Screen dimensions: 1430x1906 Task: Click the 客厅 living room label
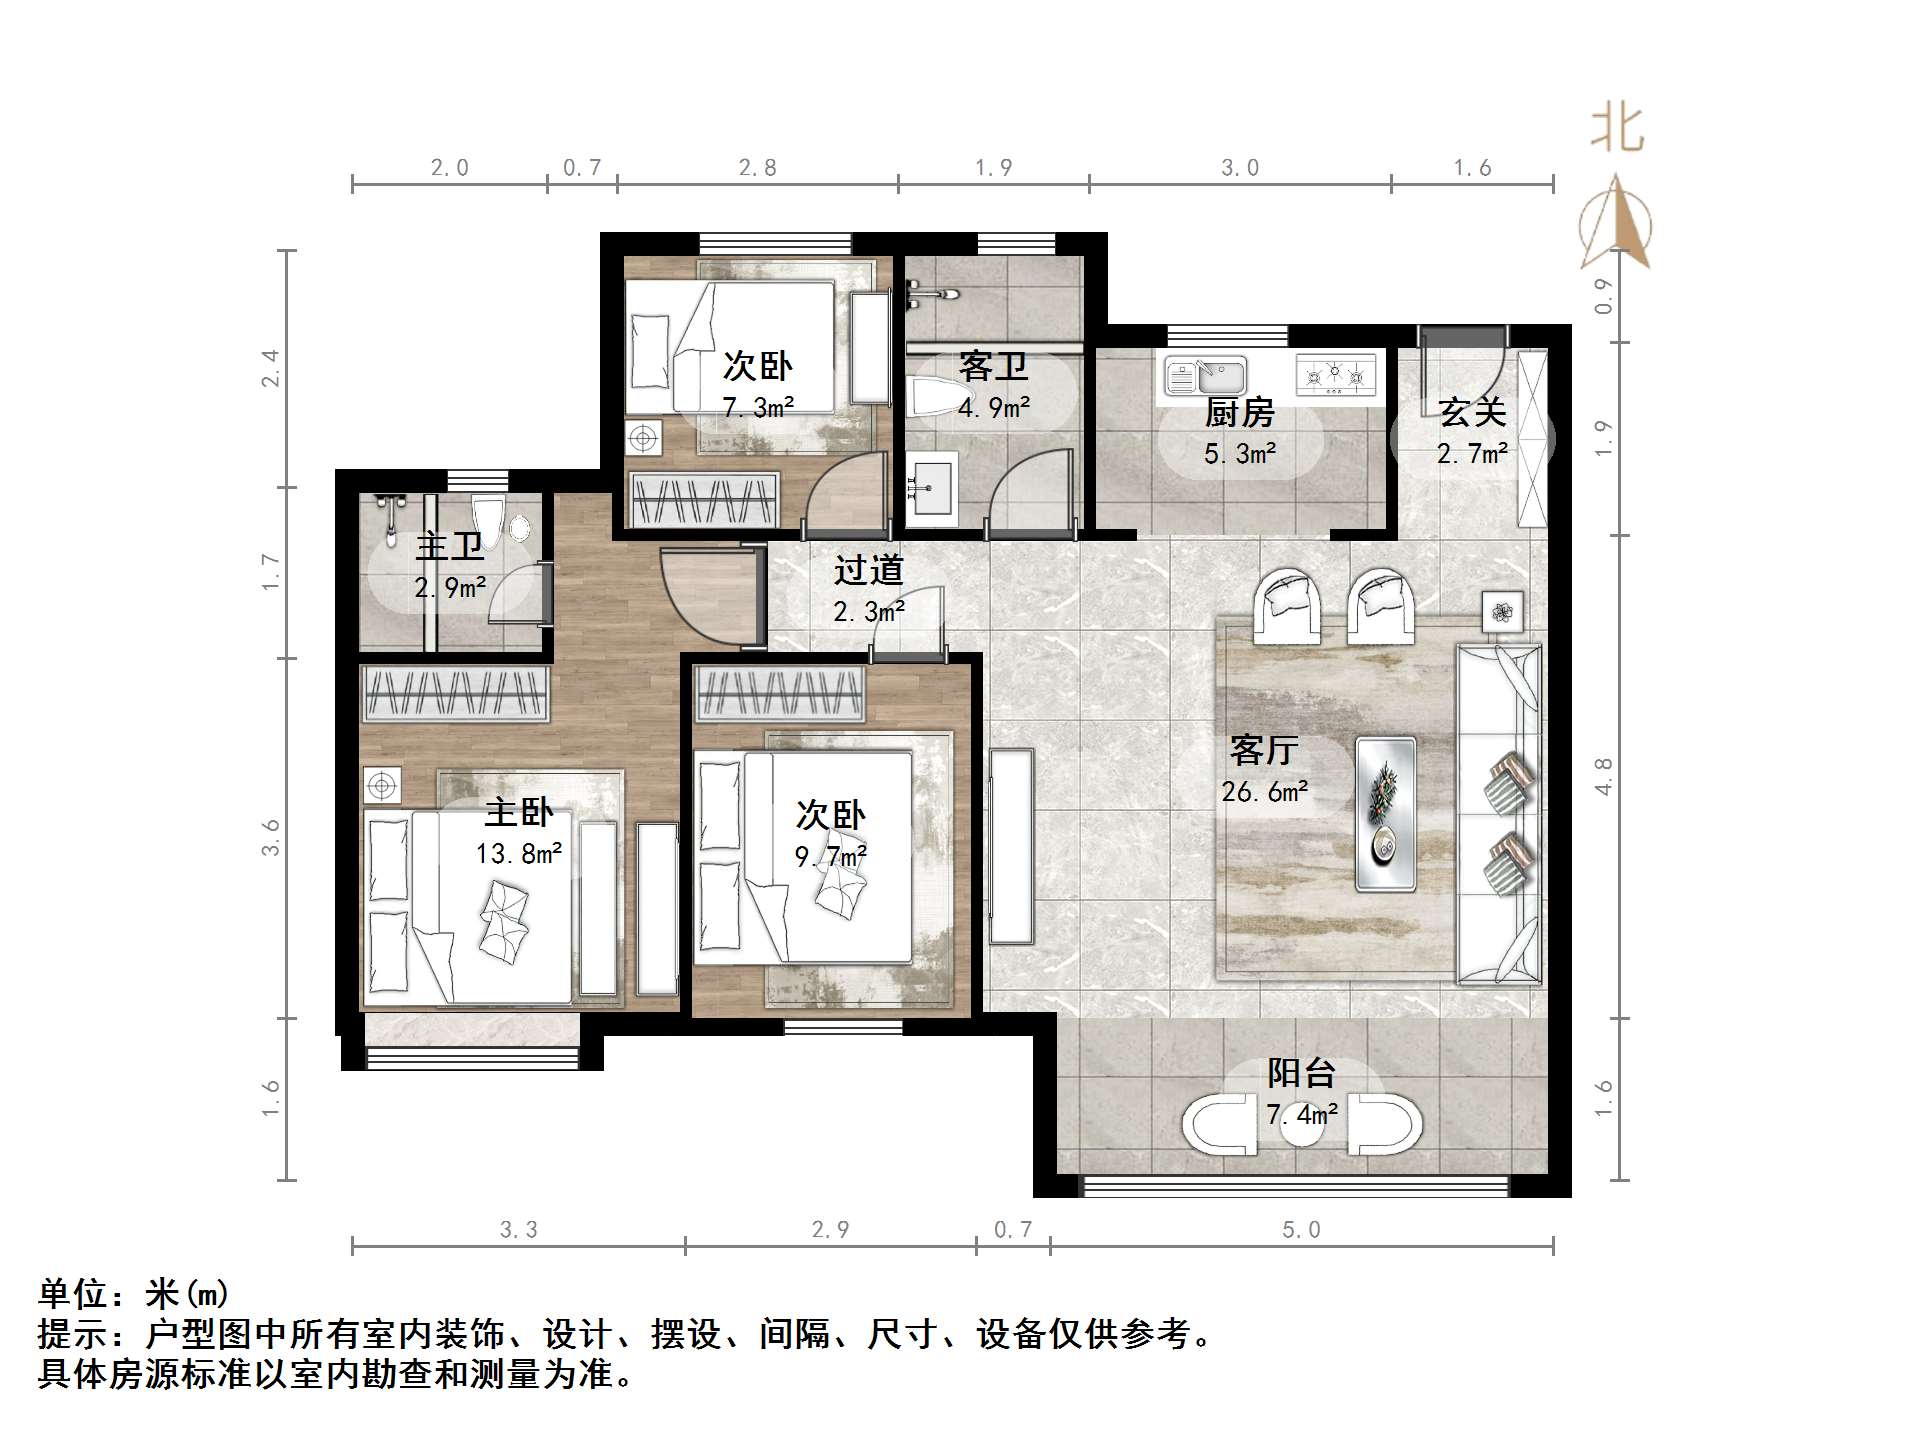pos(1263,749)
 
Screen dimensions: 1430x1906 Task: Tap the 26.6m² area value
pos(1263,792)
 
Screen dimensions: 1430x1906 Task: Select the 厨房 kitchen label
pos(1239,412)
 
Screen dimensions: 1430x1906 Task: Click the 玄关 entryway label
pos(1472,412)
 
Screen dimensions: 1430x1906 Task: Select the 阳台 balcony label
pos(1301,1073)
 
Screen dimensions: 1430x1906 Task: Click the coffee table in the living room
pos(1385,814)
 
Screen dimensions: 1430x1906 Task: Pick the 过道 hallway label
pos(868,570)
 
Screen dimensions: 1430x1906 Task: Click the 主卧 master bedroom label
pos(518,811)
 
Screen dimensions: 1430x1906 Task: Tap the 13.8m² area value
pos(518,853)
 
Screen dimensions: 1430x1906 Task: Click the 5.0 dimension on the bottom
pos(1301,1230)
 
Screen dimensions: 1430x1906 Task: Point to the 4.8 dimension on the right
pos(1603,776)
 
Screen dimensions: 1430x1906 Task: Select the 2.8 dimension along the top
pos(757,168)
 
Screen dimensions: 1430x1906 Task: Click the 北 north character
pos(1617,130)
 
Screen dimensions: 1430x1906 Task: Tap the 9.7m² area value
pos(830,857)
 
